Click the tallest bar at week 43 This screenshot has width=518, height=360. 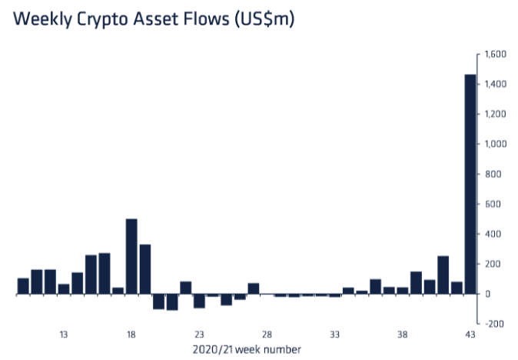coord(470,184)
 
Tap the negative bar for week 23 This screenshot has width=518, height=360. coord(199,301)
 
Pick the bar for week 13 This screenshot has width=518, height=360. coord(64,289)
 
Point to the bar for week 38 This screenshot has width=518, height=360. coord(402,290)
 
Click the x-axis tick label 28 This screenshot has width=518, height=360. coord(267,335)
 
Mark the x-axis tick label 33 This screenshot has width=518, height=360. coord(334,335)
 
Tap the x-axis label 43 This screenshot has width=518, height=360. coord(470,335)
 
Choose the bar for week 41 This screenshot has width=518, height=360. coord(443,275)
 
